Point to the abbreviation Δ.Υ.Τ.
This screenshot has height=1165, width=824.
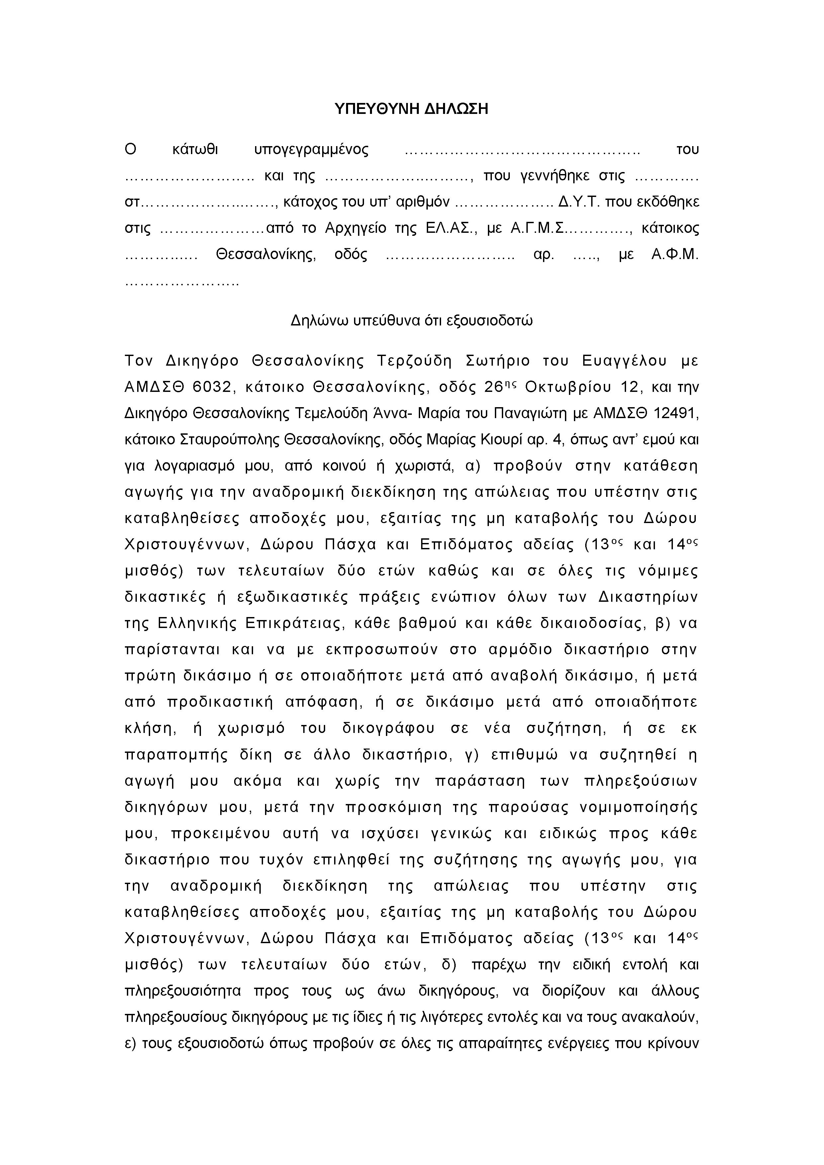pyautogui.click(x=579, y=202)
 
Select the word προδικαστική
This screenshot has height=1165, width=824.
pyautogui.click(x=220, y=702)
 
